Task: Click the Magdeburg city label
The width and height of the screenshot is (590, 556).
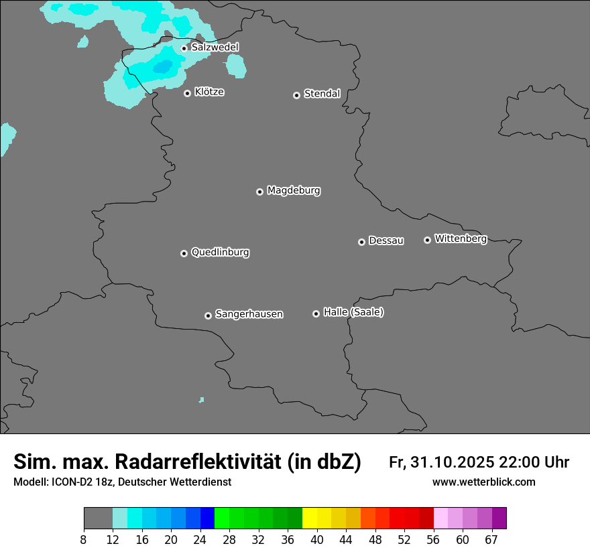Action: point(294,191)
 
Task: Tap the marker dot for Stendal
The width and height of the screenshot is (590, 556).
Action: point(296,95)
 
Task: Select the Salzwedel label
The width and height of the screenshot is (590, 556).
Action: point(215,48)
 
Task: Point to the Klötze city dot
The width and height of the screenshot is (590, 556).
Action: point(187,93)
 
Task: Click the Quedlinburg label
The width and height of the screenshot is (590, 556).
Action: point(220,253)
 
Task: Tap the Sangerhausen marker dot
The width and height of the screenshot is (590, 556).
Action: point(208,316)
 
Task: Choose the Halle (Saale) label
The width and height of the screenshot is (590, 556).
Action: point(353,312)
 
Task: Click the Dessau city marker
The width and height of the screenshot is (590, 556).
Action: point(361,242)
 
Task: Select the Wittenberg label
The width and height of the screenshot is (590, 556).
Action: point(461,238)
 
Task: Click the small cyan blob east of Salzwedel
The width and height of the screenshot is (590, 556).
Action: point(235,66)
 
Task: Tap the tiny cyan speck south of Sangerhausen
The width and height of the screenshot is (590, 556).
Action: point(201,400)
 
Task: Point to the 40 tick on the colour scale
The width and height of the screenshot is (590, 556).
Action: point(317,540)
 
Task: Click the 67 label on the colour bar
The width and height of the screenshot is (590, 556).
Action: point(491,540)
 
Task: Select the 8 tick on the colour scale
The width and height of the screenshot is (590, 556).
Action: point(84,540)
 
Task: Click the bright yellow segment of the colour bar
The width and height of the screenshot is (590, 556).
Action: point(309,518)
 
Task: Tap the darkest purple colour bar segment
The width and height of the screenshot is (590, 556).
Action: point(499,518)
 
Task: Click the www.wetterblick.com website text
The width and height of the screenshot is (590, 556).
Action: point(483,482)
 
